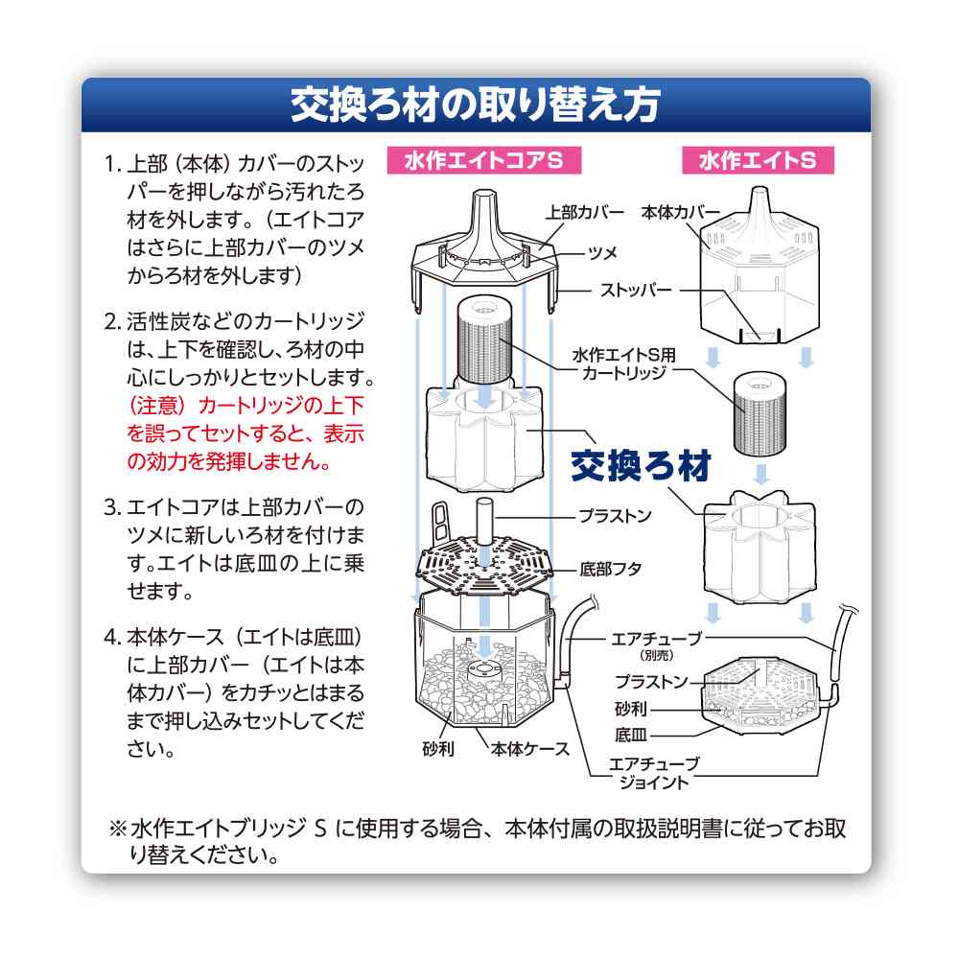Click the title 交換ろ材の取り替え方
coord(476,105)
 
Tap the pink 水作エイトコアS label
coord(483,160)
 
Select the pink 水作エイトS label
coord(758,160)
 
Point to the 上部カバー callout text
coord(585,212)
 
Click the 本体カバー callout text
coord(681,212)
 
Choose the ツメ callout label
coord(602,252)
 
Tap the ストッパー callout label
coord(636,290)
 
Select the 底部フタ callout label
coord(610,570)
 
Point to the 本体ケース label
coord(529,749)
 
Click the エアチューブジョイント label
coord(654,773)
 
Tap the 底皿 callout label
coord(631,734)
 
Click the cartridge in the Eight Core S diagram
coord(484,340)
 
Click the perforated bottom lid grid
coord(484,565)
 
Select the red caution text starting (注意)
coord(246,433)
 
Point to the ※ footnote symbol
coord(117,829)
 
